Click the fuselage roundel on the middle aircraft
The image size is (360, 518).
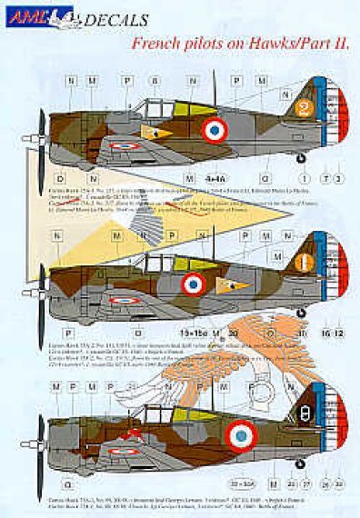195,285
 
